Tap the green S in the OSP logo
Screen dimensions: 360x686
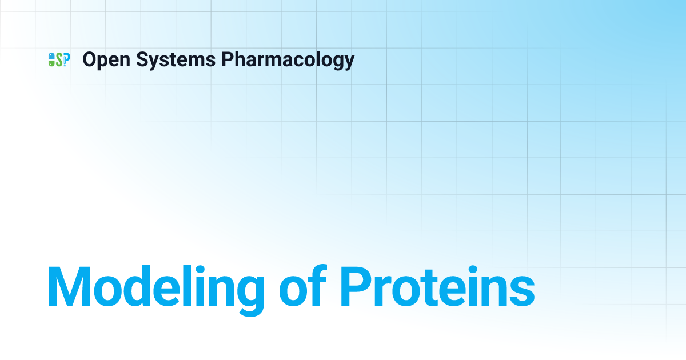(59, 59)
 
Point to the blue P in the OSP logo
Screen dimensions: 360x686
(66, 59)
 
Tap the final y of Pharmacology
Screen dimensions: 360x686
(349, 62)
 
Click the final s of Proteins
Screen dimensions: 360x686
(521, 291)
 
